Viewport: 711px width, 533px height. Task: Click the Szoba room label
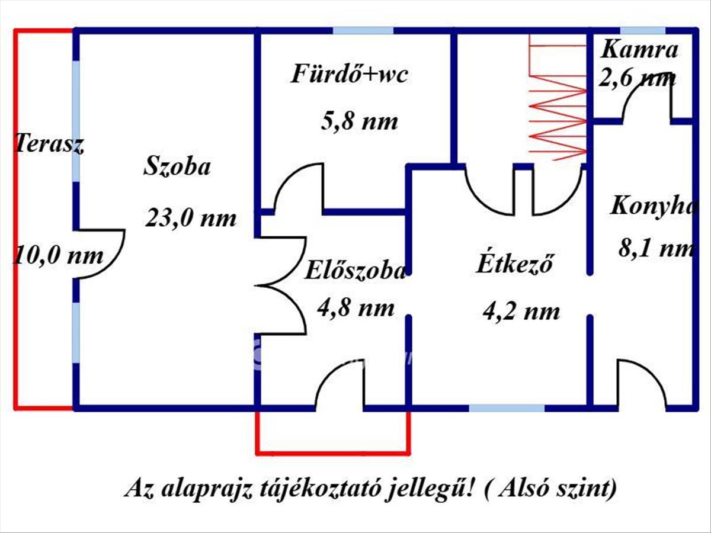point(177,166)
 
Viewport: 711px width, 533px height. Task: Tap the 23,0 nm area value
point(191,219)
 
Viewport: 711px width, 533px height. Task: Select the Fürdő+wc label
point(350,75)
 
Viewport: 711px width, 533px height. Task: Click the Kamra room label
point(639,50)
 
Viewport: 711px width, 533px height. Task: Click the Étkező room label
point(515,264)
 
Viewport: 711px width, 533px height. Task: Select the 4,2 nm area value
point(521,310)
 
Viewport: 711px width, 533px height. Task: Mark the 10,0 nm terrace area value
point(58,256)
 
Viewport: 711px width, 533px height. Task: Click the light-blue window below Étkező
point(507,408)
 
